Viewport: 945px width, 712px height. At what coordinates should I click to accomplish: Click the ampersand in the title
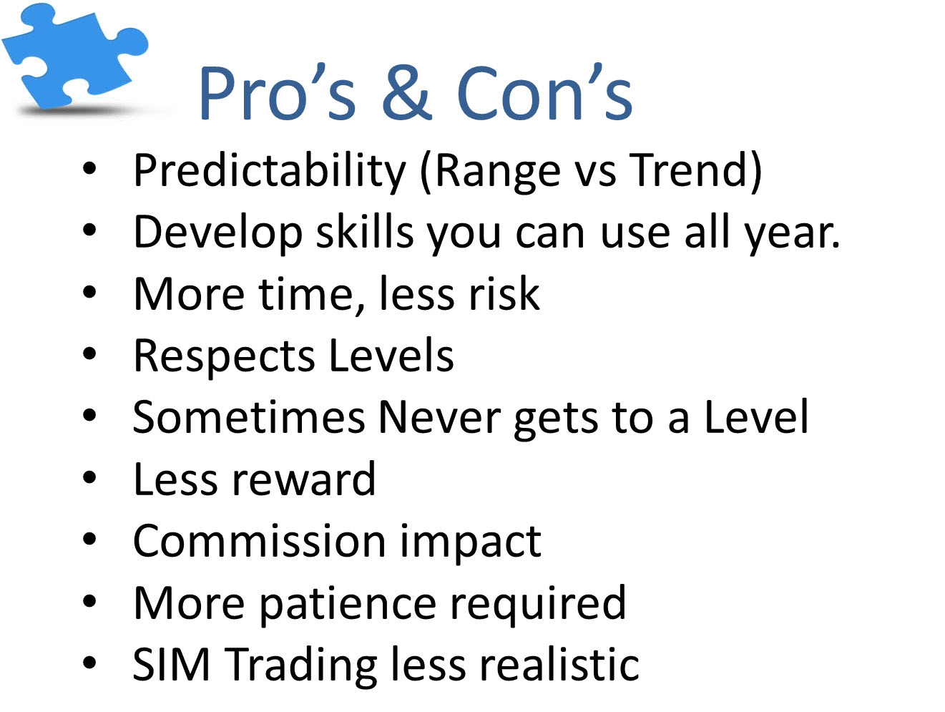point(406,92)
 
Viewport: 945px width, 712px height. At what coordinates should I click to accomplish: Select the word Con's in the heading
point(544,92)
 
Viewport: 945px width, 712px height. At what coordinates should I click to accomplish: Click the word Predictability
point(270,170)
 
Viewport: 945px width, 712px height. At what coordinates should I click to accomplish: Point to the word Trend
point(689,170)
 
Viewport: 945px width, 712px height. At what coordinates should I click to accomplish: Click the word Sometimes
point(249,417)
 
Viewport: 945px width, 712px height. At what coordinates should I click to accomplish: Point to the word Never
point(439,417)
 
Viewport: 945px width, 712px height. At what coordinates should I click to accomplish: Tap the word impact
point(471,543)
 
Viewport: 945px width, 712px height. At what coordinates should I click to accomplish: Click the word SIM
point(172,665)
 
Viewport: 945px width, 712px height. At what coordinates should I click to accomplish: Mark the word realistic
point(559,664)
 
